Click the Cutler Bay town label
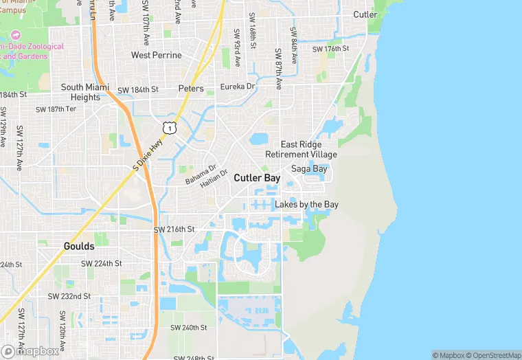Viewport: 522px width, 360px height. pyautogui.click(x=257, y=177)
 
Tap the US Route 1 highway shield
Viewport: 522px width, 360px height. pyautogui.click(x=169, y=128)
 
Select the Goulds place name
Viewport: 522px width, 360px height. pyautogui.click(x=79, y=245)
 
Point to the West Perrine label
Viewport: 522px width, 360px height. pyautogui.click(x=157, y=55)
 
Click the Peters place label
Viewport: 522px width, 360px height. pyautogui.click(x=191, y=89)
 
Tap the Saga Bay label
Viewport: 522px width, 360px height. pyautogui.click(x=309, y=168)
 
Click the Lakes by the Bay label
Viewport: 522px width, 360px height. pyautogui.click(x=306, y=205)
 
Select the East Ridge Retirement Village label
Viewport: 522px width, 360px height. pyautogui.click(x=309, y=150)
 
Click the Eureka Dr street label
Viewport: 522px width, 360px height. pyautogui.click(x=238, y=87)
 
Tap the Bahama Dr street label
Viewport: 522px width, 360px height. pyautogui.click(x=201, y=175)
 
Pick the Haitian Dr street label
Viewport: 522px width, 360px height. pyautogui.click(x=213, y=181)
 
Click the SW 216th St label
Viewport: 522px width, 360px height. pyautogui.click(x=174, y=229)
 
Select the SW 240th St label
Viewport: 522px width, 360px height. pyautogui.click(x=185, y=328)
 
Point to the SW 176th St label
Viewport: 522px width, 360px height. pyautogui.click(x=331, y=49)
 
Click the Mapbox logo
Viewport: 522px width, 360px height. pyautogui.click(x=30, y=351)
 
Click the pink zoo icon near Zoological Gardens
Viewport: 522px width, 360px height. pyautogui.click(x=16, y=34)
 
